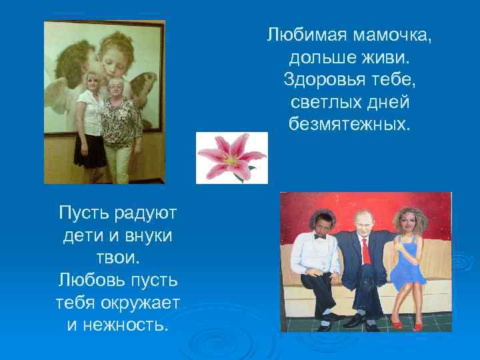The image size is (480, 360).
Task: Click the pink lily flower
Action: [231, 158]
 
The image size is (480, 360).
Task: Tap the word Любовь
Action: [90, 281]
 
